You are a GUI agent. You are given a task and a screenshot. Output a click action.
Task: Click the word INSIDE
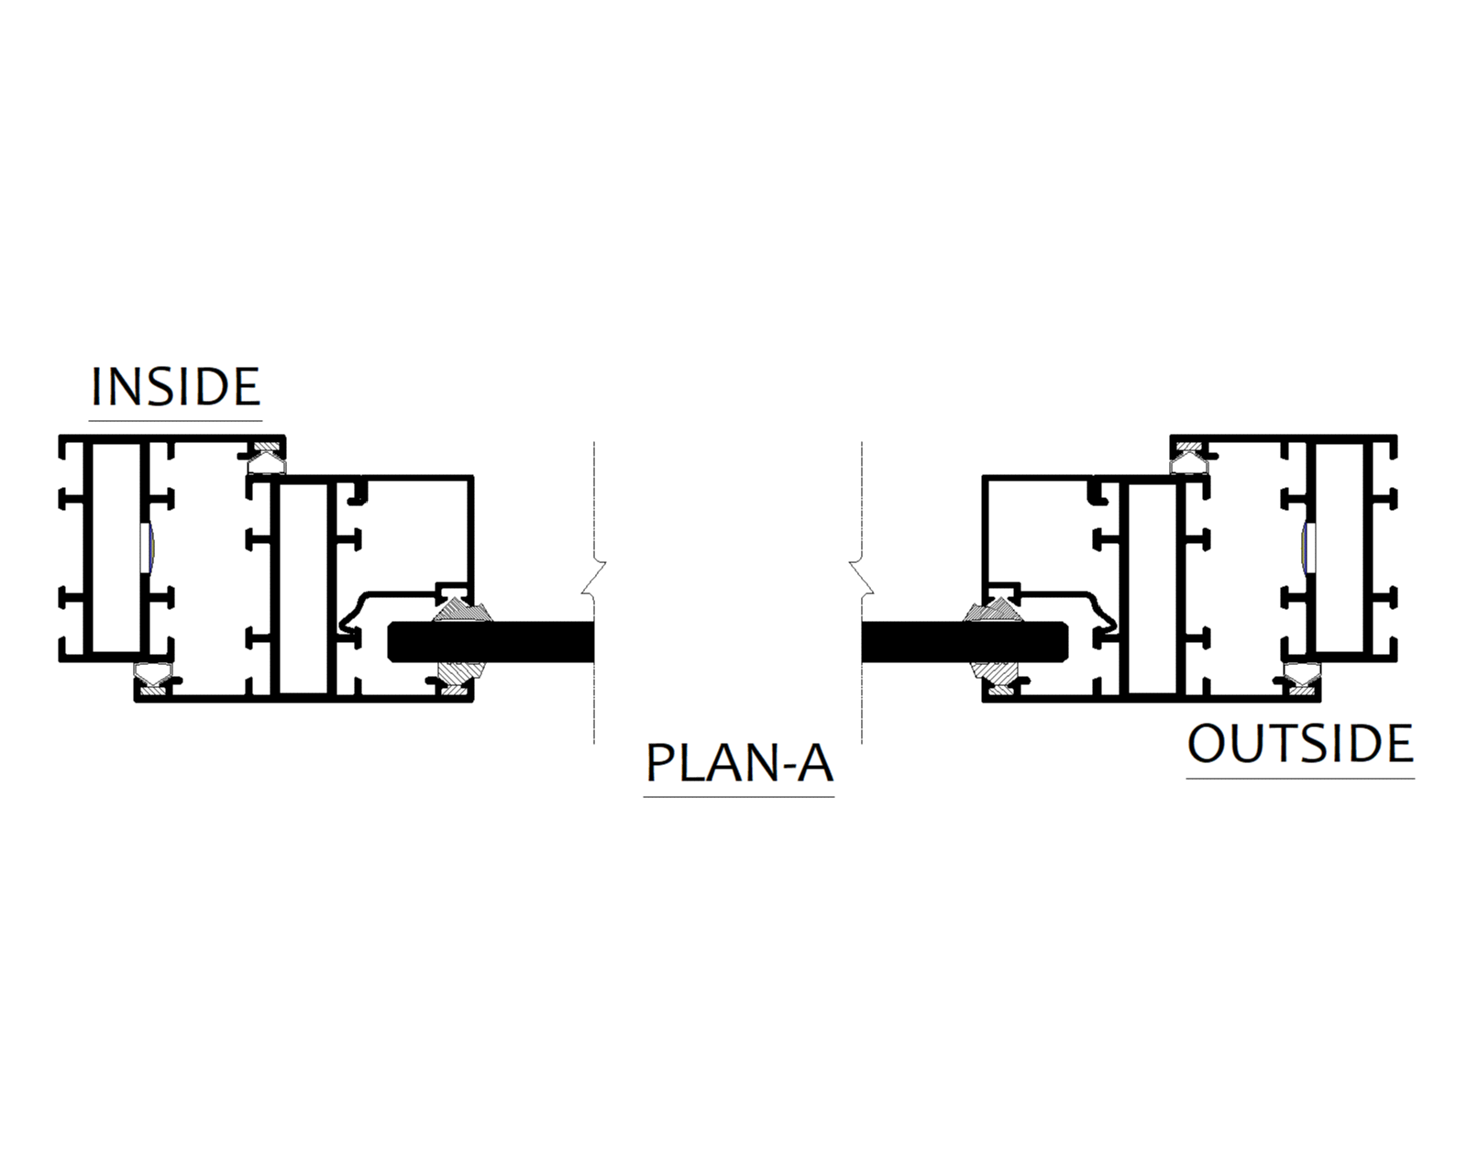[175, 387]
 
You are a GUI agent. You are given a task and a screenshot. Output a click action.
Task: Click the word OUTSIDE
[1300, 744]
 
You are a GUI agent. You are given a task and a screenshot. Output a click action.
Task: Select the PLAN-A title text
[739, 763]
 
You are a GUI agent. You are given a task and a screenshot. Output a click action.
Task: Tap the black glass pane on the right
[963, 641]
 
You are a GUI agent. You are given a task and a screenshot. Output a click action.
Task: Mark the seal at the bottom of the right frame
[1301, 676]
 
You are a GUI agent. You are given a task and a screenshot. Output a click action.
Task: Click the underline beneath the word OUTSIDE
[1300, 779]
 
